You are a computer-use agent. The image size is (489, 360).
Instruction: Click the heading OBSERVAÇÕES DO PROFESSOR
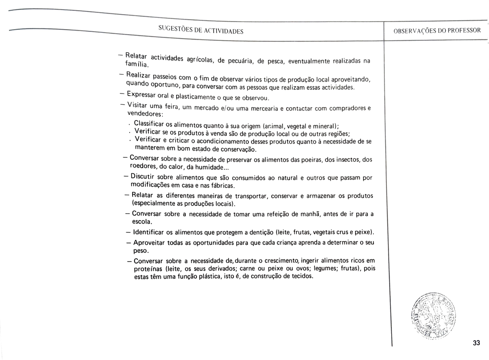tap(437, 30)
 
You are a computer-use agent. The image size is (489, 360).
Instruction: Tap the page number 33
tap(476, 343)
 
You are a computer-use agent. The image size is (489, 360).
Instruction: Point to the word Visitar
tap(138, 105)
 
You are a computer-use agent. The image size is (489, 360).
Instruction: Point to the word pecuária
tap(240, 61)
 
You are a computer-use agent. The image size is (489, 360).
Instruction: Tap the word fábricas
tap(221, 186)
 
